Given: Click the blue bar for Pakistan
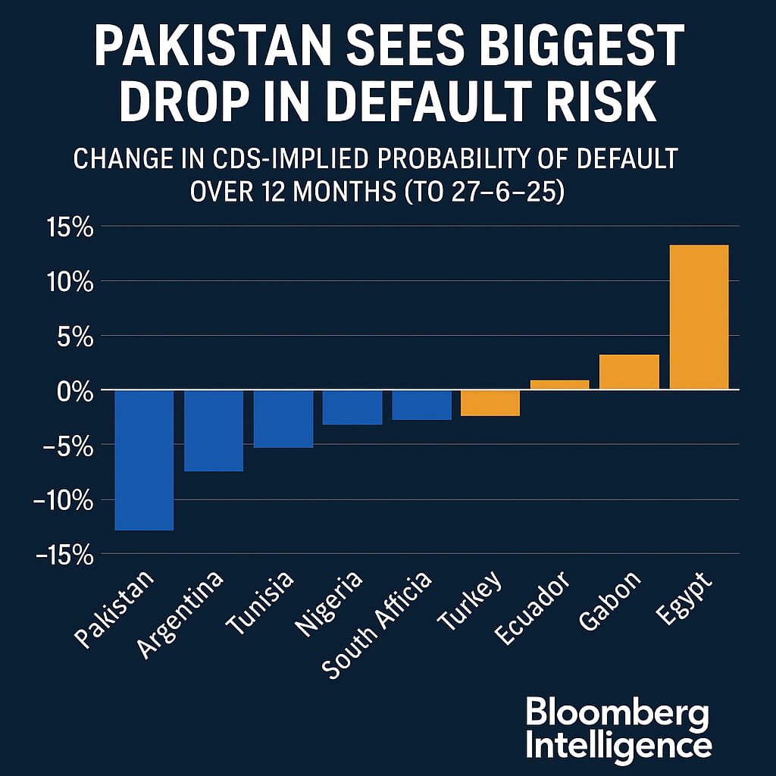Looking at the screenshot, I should pos(144,460).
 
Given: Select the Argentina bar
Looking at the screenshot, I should pos(214,430).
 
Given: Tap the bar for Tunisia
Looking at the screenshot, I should pos(283,419).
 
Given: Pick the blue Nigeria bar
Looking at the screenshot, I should pos(352,408).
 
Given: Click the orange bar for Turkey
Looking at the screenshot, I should pos(490,403).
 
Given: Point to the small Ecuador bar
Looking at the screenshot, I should pos(559,385).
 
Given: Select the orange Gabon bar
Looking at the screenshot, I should pos(629,372).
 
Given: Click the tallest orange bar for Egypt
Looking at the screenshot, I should pos(699,318).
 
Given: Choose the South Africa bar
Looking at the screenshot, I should pos(421,405).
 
